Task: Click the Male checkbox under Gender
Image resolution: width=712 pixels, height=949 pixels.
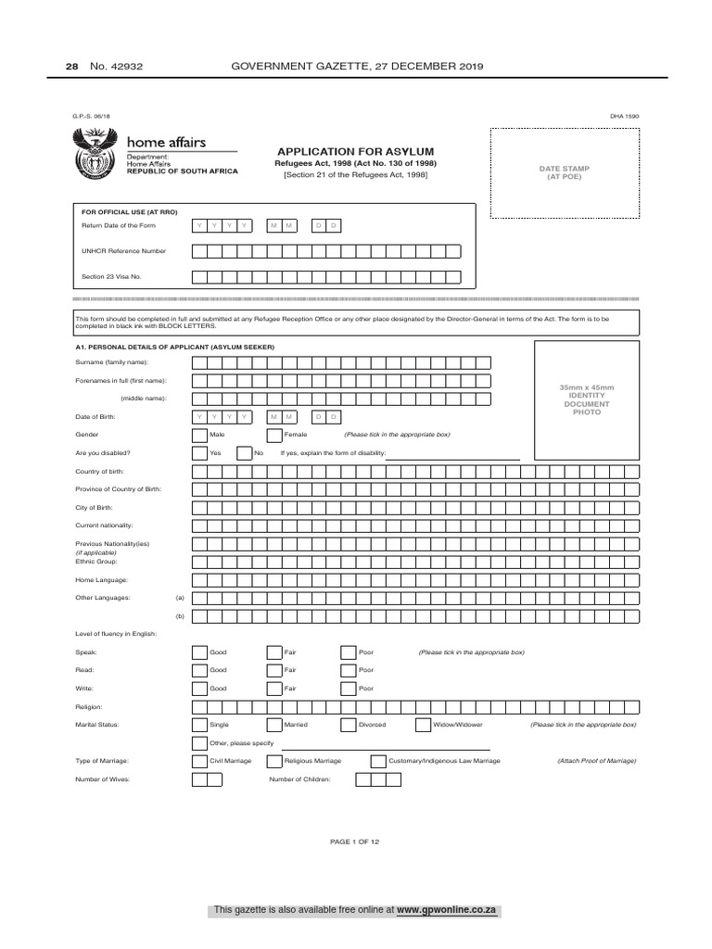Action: [199, 434]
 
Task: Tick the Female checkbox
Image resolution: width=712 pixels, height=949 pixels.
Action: [273, 434]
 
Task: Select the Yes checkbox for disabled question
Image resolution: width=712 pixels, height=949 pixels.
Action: [199, 453]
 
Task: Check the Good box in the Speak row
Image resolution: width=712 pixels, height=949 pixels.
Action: [199, 652]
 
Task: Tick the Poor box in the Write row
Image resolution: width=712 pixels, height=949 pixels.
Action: [348, 689]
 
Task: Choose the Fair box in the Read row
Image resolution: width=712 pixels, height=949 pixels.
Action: [273, 670]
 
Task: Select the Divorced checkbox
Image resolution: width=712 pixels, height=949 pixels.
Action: [348, 725]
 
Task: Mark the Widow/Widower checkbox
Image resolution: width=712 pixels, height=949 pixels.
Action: [423, 725]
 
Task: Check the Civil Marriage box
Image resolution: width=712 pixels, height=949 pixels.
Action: [199, 761]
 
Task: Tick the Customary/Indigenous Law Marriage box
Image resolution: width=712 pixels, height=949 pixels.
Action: [377, 761]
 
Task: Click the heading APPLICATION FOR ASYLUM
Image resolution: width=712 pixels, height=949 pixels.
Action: [356, 151]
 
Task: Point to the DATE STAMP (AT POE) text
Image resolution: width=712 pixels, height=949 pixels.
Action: [564, 172]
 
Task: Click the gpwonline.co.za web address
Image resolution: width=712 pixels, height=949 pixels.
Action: [447, 911]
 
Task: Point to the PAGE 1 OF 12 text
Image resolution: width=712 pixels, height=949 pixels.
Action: [355, 841]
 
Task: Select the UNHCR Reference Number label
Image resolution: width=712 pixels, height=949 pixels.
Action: [124, 251]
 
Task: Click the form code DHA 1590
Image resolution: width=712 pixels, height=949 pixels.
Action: [624, 117]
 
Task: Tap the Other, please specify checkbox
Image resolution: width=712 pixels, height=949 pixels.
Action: [199, 743]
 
